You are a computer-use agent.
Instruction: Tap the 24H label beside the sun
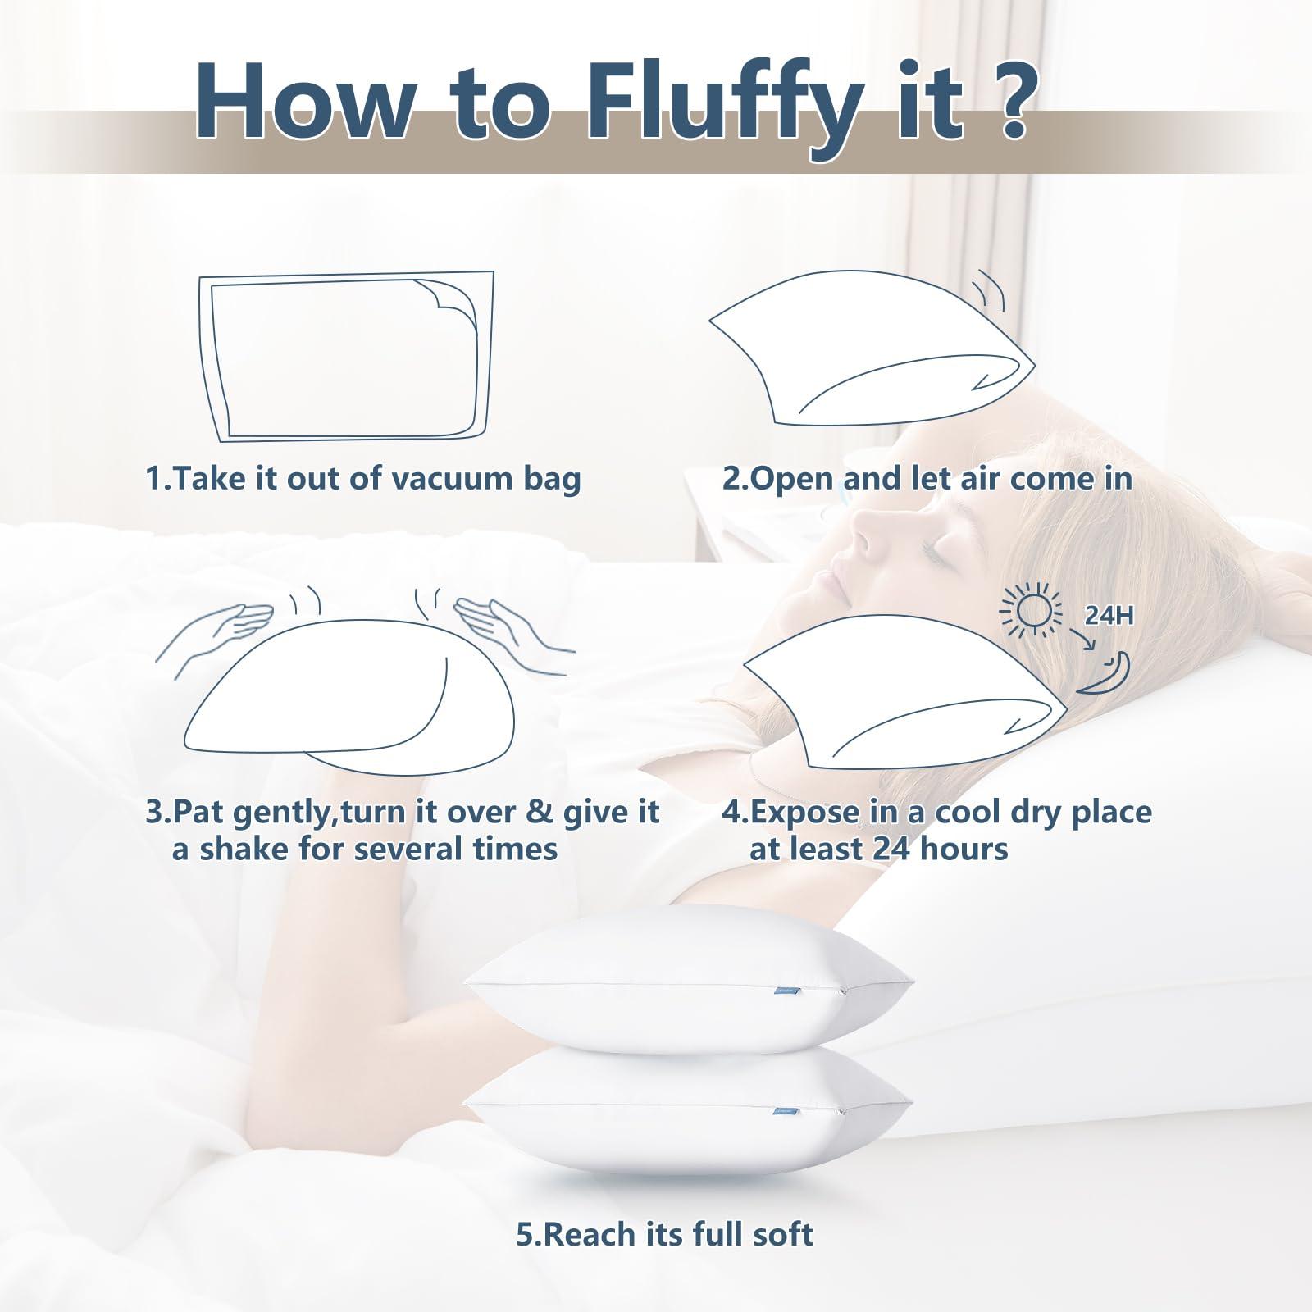(1109, 615)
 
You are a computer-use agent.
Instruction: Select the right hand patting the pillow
(492, 619)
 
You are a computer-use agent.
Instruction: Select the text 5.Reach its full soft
(664, 1234)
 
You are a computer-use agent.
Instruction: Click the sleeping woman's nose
(861, 541)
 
